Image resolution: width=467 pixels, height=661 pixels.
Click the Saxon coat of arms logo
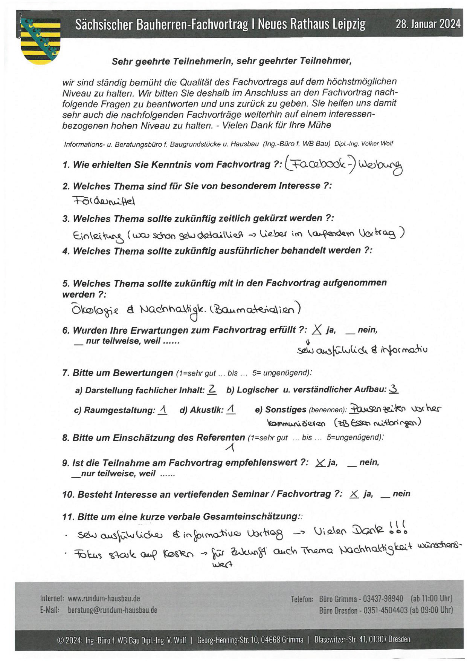(40, 41)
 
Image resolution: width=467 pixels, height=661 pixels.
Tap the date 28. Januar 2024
(428, 24)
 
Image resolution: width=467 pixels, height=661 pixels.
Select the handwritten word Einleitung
(98, 235)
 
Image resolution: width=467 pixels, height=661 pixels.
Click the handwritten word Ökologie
(95, 310)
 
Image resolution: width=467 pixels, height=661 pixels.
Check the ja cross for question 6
(317, 330)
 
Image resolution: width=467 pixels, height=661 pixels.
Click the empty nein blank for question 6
(350, 331)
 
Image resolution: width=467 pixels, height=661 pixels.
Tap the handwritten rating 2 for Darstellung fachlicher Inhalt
(212, 390)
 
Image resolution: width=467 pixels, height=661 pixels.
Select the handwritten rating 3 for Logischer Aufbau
(394, 389)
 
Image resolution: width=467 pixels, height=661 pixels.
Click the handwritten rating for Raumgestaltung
(163, 409)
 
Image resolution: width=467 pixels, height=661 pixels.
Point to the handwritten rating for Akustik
(231, 409)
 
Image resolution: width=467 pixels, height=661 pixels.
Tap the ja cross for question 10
(354, 494)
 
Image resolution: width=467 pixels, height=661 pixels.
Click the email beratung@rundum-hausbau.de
(112, 610)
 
